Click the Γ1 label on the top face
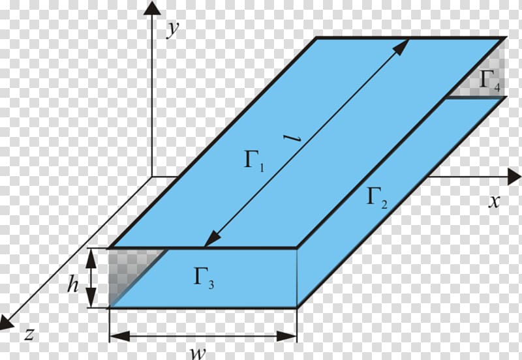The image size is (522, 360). coord(254,161)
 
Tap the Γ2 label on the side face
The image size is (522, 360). coord(377,198)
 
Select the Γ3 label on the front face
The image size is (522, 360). coord(204,278)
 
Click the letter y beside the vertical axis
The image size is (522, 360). coord(173,30)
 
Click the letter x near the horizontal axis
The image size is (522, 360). coord(495,202)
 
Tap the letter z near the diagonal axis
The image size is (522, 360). coord(29,334)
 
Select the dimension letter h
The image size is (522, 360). coord(73,285)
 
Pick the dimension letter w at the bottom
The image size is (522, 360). coord(198,353)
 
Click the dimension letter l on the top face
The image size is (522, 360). coord(291,139)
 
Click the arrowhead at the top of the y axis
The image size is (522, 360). coord(152,8)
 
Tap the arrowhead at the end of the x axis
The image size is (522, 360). coord(514,176)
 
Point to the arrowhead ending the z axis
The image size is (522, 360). coord(6,322)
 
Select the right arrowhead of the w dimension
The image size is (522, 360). coord(286,336)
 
